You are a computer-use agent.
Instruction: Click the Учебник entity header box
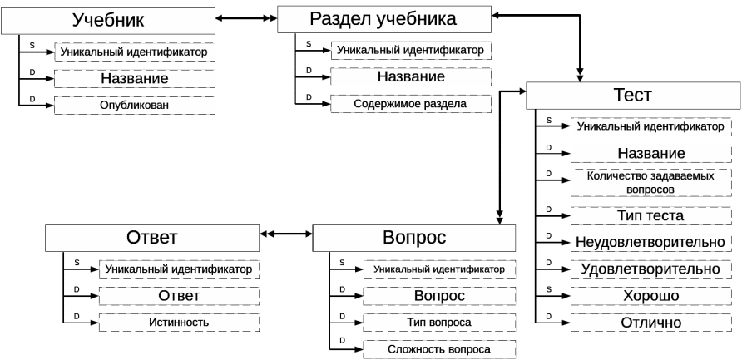(x=108, y=20)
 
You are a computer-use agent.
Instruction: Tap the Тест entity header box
(x=632, y=96)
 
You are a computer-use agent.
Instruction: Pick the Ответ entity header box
(x=151, y=238)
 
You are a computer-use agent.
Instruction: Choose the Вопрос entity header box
(x=414, y=238)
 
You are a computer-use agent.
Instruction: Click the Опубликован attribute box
(x=135, y=106)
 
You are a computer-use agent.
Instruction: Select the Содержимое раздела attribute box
(x=410, y=104)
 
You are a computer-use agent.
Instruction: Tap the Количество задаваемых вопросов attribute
(x=651, y=183)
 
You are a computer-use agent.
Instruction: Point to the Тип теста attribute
(x=651, y=216)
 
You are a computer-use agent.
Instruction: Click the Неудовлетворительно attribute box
(x=651, y=242)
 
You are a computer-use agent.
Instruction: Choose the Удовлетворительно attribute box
(x=651, y=269)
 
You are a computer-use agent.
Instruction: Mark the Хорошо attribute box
(x=651, y=296)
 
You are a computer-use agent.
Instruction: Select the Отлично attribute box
(x=651, y=323)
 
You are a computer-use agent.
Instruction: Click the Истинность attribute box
(x=180, y=323)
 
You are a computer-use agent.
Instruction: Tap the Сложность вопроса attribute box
(x=439, y=349)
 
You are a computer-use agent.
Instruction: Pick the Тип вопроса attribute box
(x=439, y=323)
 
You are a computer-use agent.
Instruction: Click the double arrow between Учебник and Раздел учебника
(x=246, y=17)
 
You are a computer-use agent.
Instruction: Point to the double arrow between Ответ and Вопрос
(x=286, y=235)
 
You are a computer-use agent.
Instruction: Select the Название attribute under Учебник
(x=135, y=79)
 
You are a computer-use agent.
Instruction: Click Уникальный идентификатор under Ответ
(x=180, y=269)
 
